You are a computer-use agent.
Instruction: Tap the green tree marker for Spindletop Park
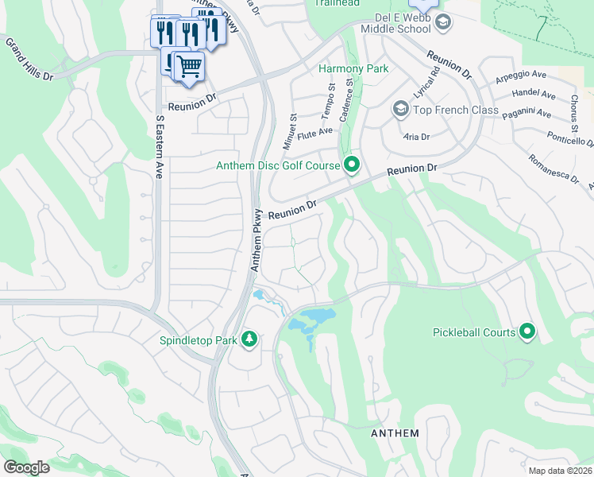[250, 339]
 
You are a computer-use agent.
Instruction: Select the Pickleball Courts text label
[474, 332]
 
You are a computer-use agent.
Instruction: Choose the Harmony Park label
[353, 68]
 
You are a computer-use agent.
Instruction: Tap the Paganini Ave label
[526, 114]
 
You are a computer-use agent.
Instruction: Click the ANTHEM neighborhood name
[395, 433]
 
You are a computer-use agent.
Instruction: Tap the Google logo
[26, 467]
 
